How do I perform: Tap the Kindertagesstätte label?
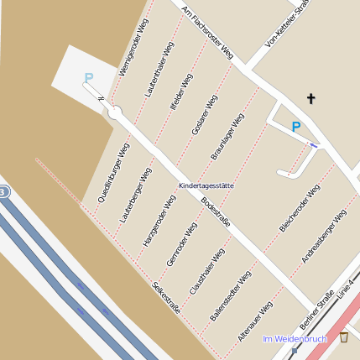pyautogui.click(x=206, y=185)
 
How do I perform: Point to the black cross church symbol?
pyautogui.click(x=311, y=99)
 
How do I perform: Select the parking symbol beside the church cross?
pyautogui.click(x=295, y=127)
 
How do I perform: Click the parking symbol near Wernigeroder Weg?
pyautogui.click(x=89, y=78)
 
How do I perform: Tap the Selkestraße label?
pyautogui.click(x=166, y=297)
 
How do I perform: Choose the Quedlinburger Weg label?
pyautogui.click(x=113, y=174)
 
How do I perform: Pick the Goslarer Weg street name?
pyautogui.click(x=204, y=115)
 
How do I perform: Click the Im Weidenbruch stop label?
pyautogui.click(x=294, y=339)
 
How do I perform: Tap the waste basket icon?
pyautogui.click(x=344, y=337)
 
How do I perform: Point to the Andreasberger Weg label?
pyautogui.click(x=324, y=237)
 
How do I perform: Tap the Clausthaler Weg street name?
pyautogui.click(x=207, y=271)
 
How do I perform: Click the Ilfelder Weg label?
pyautogui.click(x=181, y=93)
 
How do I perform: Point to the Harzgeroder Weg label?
pyautogui.click(x=159, y=221)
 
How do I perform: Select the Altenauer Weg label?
pyautogui.click(x=254, y=321)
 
